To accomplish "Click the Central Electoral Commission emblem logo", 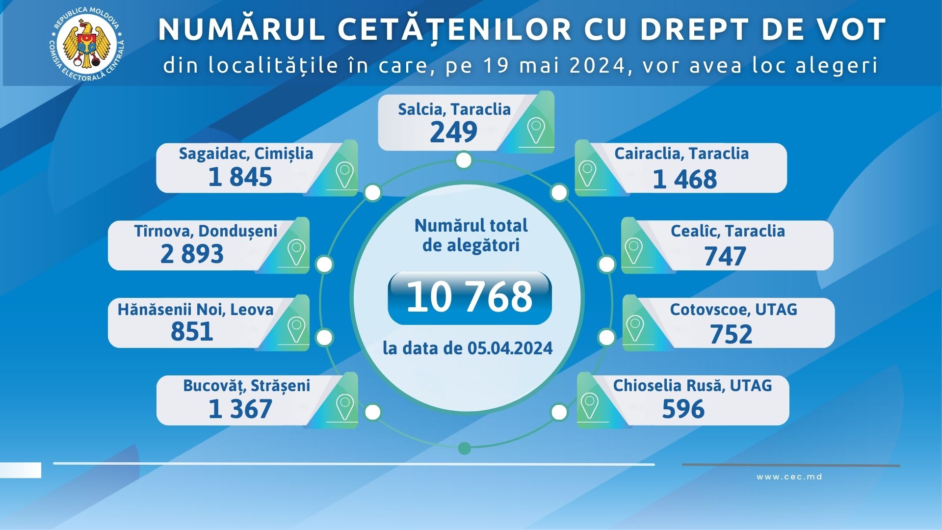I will [87, 44].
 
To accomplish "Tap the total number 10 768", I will [470, 297].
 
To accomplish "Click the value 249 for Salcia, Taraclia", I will [454, 132].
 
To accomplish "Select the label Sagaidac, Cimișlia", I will [246, 154].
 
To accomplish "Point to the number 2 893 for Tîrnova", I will [192, 254].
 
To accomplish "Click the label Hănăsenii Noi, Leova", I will [195, 310].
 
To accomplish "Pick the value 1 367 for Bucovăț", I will [240, 409].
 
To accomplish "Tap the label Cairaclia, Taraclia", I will [681, 154].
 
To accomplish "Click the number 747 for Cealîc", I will [725, 256].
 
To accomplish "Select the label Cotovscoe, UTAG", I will [733, 310].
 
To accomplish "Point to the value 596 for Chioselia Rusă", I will [683, 409].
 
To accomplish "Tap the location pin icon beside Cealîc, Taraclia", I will [633, 250].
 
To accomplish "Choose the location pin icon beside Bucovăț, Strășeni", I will [344, 405].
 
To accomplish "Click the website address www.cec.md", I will [789, 477].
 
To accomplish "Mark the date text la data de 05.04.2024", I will [468, 348].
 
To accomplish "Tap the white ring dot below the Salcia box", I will [464, 160].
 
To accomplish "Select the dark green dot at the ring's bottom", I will [464, 448].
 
